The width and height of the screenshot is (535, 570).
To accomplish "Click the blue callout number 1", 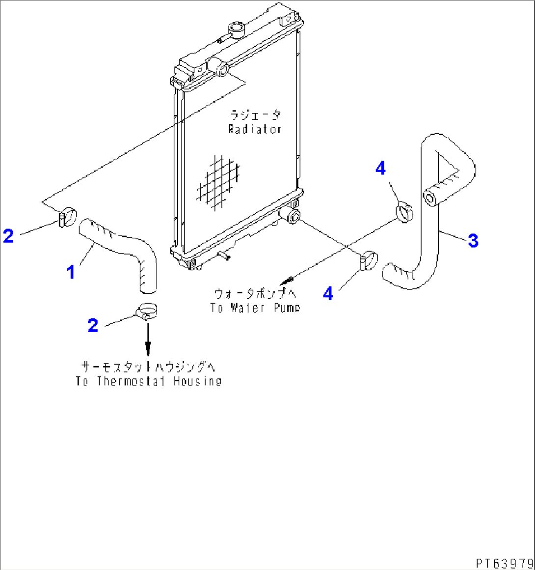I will coord(71,272).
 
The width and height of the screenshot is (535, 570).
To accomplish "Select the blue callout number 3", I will coord(473,241).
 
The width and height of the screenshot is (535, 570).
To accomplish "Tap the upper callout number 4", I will coord(380,168).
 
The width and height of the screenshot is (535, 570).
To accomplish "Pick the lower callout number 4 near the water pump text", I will coord(328,294).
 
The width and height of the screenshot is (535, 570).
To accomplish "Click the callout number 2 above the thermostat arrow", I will coord(93,325).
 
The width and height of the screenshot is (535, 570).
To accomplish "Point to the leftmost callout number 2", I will coord(8,236).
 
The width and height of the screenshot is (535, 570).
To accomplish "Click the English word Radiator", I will coord(255,129).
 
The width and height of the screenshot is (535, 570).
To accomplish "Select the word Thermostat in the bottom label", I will coord(130,381).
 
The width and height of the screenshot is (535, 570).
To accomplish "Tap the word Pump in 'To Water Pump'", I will coord(287,308).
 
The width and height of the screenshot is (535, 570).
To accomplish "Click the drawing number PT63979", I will coord(504,562).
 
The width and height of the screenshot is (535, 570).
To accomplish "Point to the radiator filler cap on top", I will coord(235,29).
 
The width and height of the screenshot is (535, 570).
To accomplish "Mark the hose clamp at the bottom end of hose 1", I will coord(145,312).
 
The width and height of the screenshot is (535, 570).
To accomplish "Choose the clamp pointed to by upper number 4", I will coord(404,212).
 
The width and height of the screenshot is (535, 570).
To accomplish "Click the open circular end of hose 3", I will coord(430,199).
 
